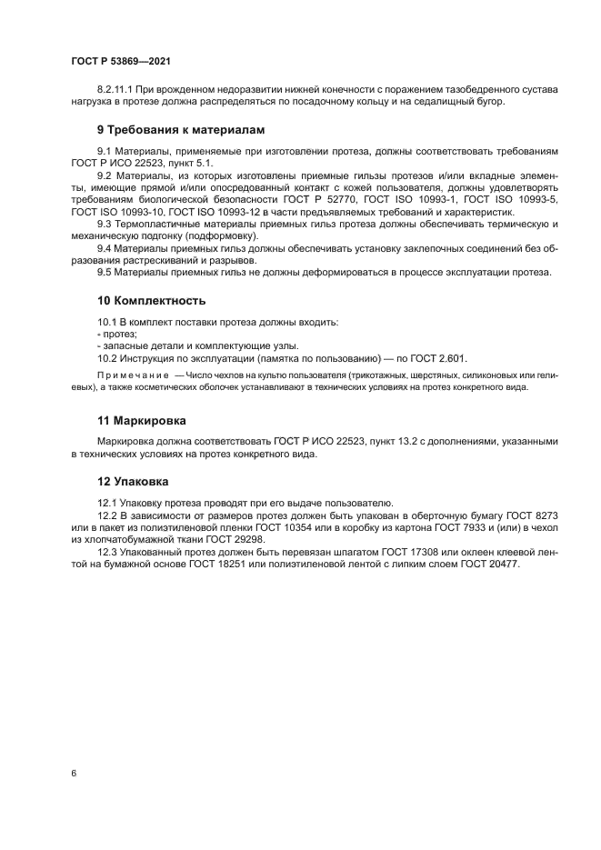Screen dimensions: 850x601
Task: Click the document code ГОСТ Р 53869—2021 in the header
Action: [121, 61]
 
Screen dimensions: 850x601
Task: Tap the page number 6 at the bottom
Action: [73, 774]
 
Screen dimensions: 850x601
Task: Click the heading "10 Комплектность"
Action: [151, 300]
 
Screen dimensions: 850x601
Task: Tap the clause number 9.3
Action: [105, 224]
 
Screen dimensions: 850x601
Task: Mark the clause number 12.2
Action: [108, 515]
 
